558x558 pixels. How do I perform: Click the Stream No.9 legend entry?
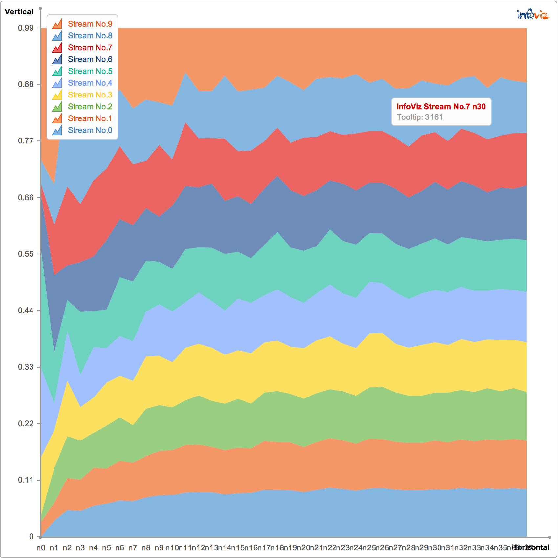click(x=90, y=24)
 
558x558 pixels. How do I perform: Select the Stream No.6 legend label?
click(x=90, y=59)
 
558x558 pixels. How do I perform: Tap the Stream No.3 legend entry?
click(x=90, y=95)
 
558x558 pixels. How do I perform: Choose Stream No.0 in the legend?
click(x=90, y=130)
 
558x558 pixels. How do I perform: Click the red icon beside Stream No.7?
click(x=57, y=48)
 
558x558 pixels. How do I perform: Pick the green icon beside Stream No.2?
click(x=57, y=107)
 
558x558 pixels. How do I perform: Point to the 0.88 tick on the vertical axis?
click(x=26, y=84)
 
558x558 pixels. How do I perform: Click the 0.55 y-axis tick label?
click(x=26, y=254)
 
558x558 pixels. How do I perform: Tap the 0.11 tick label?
click(x=26, y=480)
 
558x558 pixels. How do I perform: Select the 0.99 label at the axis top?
click(x=26, y=28)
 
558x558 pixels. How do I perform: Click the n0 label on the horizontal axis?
click(x=41, y=548)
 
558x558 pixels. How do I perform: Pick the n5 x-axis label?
click(x=106, y=548)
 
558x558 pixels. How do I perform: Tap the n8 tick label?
click(x=146, y=548)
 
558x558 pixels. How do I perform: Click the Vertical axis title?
click(x=19, y=12)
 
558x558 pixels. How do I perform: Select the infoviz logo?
click(x=533, y=15)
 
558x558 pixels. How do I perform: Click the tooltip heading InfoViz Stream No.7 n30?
click(x=441, y=107)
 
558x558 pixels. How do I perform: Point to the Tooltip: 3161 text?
click(x=420, y=117)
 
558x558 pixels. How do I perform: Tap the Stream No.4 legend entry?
click(x=90, y=83)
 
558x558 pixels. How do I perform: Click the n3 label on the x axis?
click(x=80, y=548)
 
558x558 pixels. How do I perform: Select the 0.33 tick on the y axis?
click(x=26, y=367)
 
